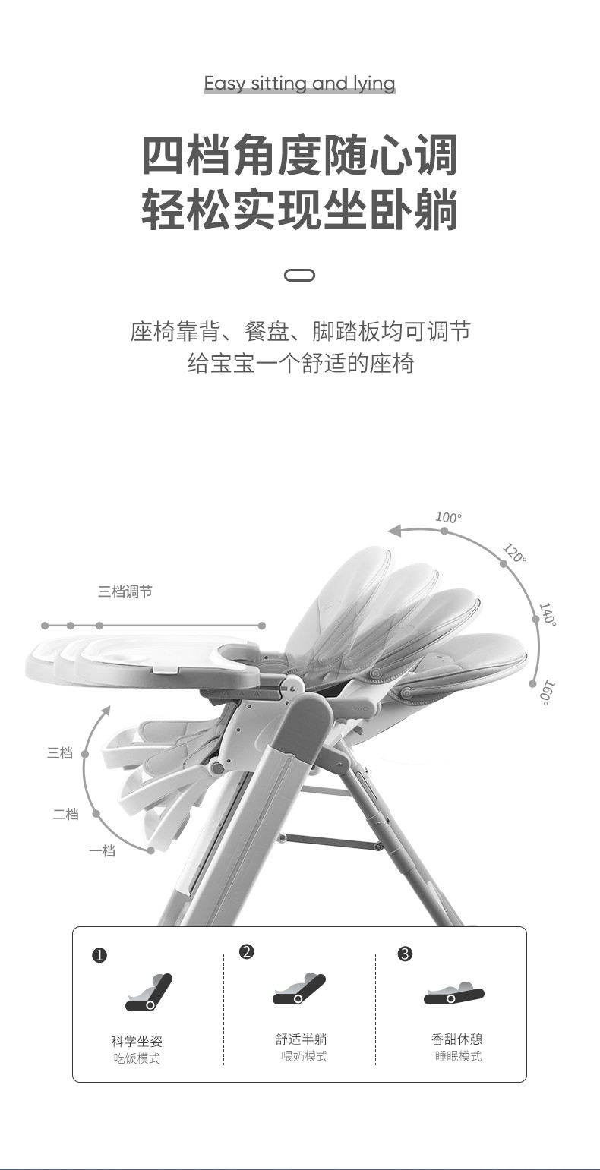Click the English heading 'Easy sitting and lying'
299,84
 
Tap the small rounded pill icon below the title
299,275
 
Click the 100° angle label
448,517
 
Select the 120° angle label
515,553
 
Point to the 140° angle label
547,613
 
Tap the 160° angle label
547,693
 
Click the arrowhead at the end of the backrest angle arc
395,531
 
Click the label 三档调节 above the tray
125,591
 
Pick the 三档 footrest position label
60,752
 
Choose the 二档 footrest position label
66,813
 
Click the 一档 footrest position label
102,850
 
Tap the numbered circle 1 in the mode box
99,955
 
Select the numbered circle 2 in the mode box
247,951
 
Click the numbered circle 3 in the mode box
405,954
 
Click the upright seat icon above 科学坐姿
149,992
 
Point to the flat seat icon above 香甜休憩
454,992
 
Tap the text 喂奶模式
305,1055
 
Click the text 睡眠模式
459,1055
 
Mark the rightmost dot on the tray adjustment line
262,625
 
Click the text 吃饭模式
137,1058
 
